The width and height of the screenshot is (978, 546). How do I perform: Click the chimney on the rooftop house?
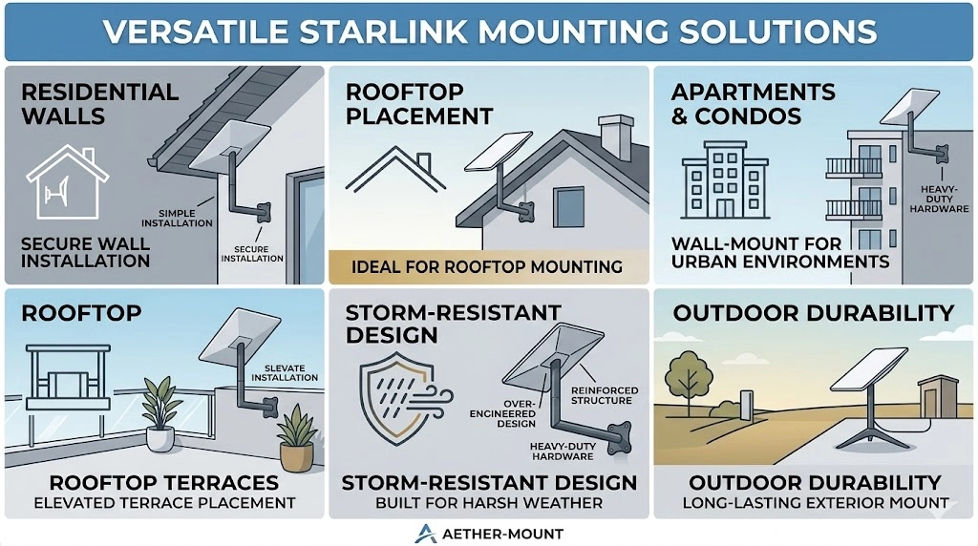click(614, 137)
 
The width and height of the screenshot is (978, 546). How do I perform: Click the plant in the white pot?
click(160, 412)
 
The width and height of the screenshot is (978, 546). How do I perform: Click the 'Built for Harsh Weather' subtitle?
click(489, 502)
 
